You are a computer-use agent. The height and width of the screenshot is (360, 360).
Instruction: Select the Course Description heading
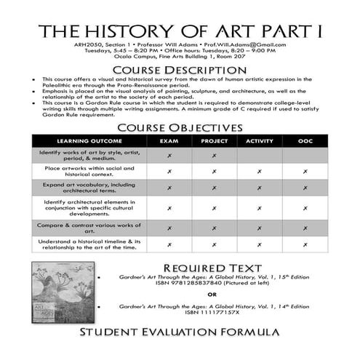(180, 69)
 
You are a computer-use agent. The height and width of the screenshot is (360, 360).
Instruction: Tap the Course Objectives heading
(180, 127)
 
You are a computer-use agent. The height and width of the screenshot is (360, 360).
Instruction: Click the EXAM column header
(169, 140)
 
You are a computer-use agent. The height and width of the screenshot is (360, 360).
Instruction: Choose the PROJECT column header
(214, 140)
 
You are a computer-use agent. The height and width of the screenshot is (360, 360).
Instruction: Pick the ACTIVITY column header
(260, 140)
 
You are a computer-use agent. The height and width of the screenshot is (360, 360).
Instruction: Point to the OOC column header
(305, 140)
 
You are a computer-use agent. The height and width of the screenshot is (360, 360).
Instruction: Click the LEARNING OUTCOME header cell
(88, 140)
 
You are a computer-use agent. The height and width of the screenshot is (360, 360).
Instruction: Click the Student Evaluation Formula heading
(180, 332)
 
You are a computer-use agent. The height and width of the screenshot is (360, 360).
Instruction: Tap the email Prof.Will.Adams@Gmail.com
(247, 44)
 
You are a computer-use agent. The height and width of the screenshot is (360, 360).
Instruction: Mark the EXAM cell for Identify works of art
(169, 155)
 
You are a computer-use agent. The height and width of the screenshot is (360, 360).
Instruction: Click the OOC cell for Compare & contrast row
(305, 228)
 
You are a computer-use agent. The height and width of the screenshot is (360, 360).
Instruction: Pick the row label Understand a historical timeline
(88, 245)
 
